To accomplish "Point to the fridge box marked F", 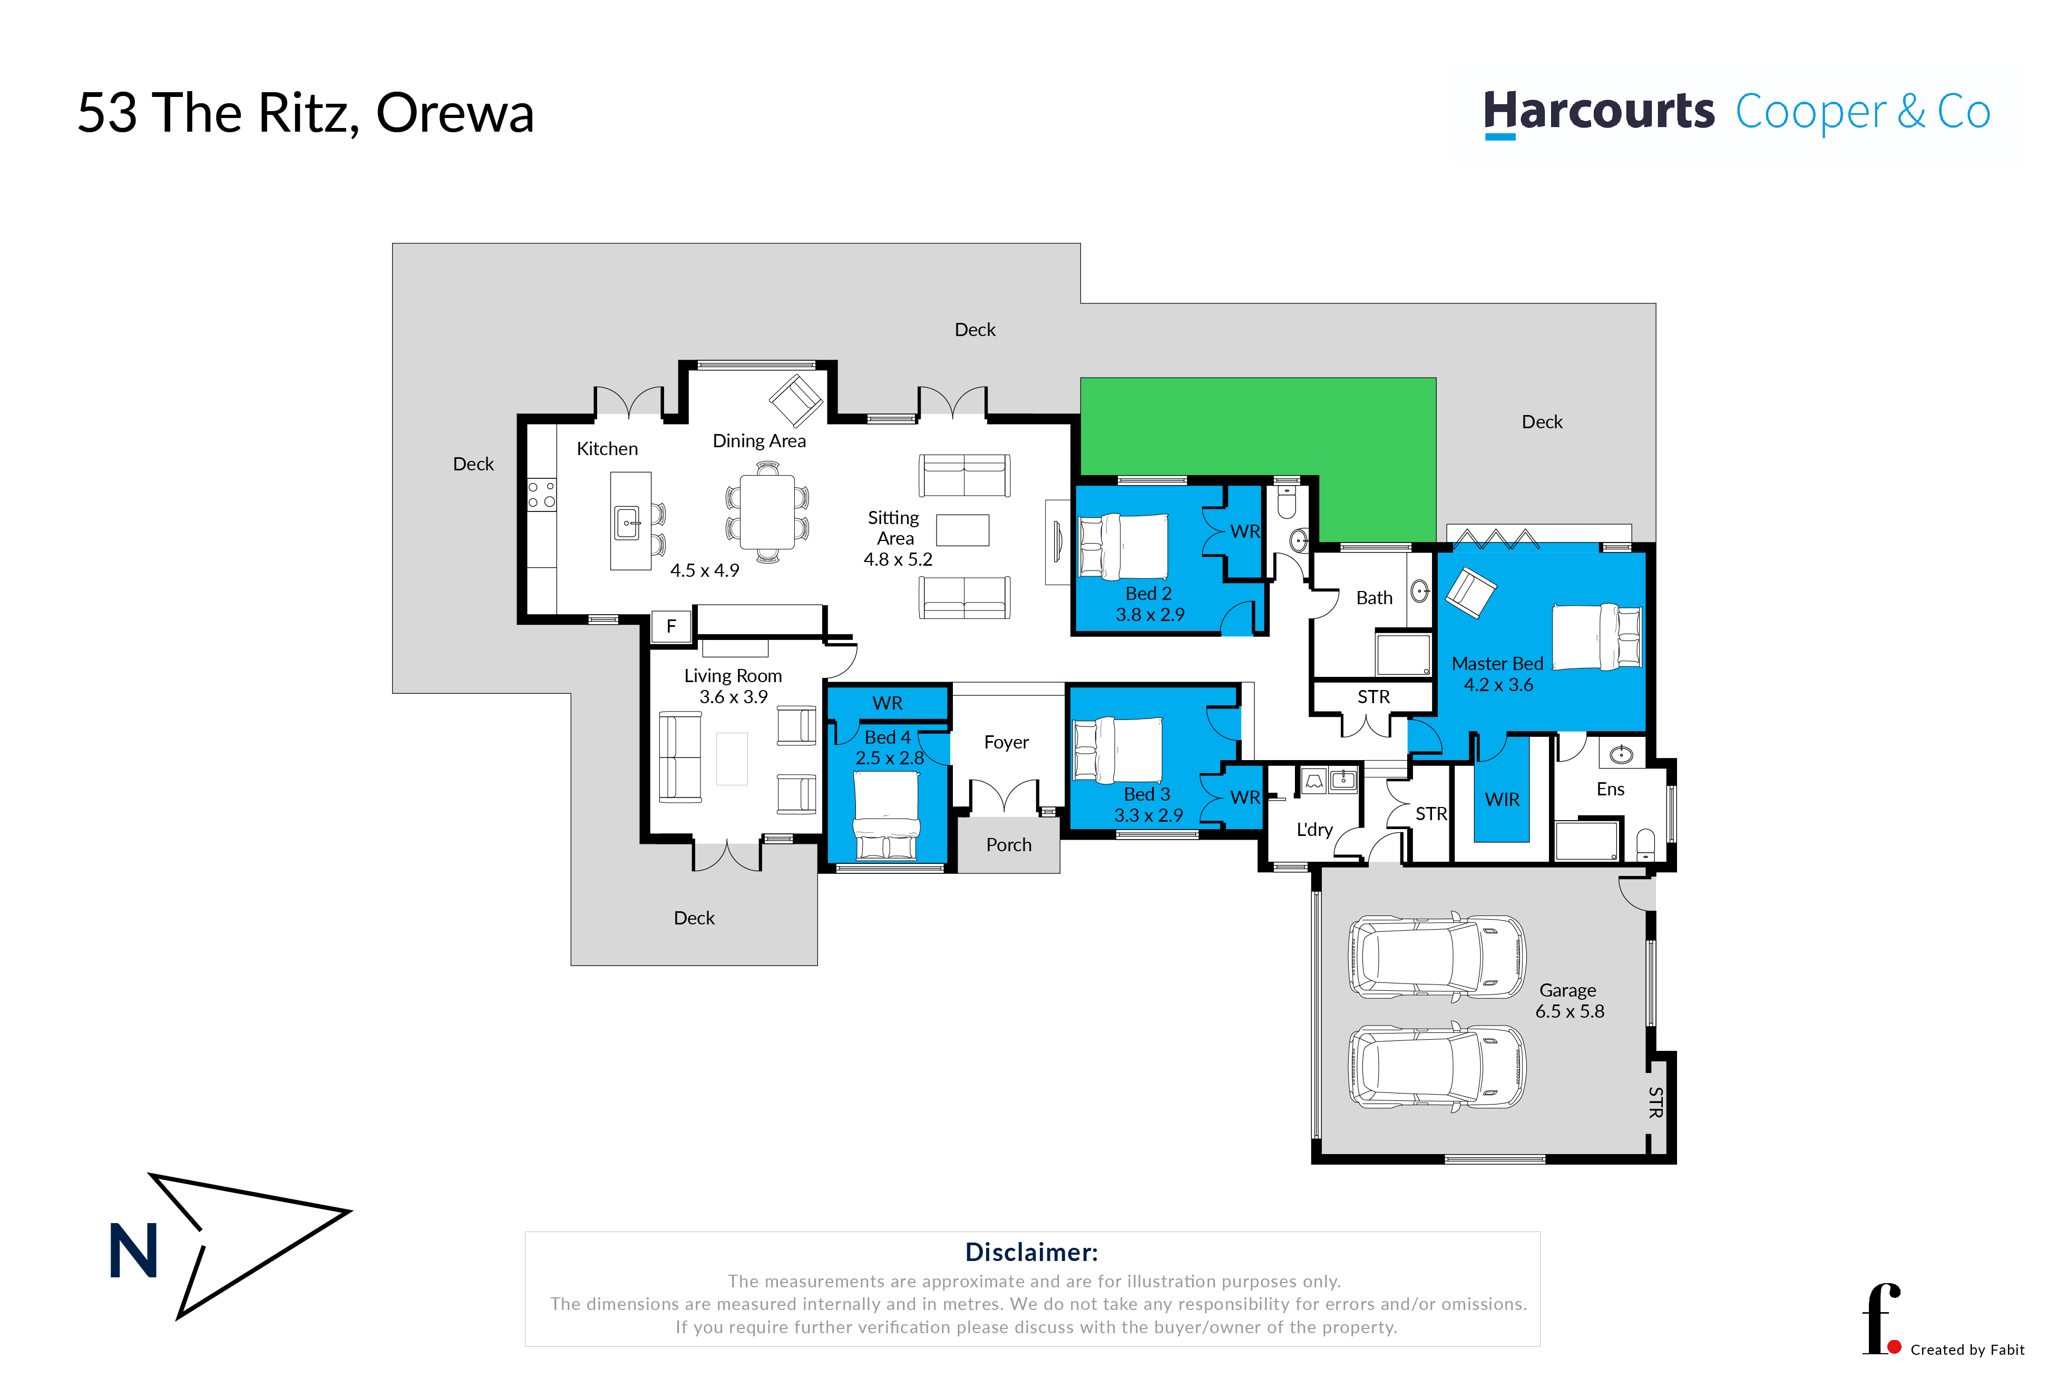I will click(x=671, y=626).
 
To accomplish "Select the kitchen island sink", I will click(x=627, y=523).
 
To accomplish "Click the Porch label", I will click(x=1008, y=845).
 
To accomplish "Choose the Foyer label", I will click(x=1006, y=742).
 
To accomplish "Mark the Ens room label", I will click(x=1610, y=789).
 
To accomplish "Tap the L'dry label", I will click(x=1314, y=829).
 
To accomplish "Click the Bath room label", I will click(x=1373, y=598).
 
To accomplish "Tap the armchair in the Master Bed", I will click(x=1470, y=592).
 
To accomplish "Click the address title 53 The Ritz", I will click(x=305, y=113).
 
